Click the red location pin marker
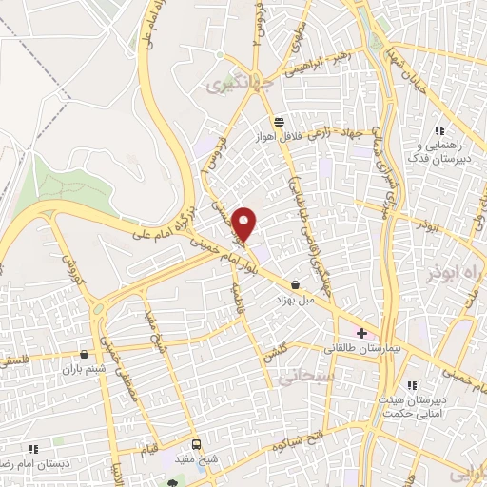click(245, 224)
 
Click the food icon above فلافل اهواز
click(278, 122)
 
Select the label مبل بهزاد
click(294, 300)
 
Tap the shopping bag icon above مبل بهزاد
click(295, 284)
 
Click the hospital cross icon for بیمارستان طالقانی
click(360, 333)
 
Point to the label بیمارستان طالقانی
click(361, 349)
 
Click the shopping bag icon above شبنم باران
click(86, 353)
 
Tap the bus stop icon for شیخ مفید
click(197, 443)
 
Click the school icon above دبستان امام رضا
click(33, 448)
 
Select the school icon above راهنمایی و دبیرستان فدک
click(438, 130)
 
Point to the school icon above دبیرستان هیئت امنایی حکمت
click(412, 385)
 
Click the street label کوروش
click(69, 271)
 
